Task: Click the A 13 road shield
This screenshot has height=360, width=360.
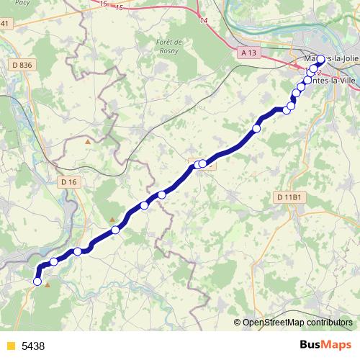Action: pyautogui.click(x=248, y=53)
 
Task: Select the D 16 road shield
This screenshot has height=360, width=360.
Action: pyautogui.click(x=69, y=182)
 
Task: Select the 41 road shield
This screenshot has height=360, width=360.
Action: pyautogui.click(x=6, y=24)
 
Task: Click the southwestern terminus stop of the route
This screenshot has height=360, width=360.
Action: pyautogui.click(x=37, y=282)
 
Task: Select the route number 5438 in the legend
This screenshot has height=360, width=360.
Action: pyautogui.click(x=33, y=346)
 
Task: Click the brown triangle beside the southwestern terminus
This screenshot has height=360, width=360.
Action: pyautogui.click(x=48, y=285)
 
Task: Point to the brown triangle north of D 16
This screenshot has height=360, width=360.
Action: pyautogui.click(x=88, y=142)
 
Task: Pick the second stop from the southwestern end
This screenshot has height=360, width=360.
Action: pyautogui.click(x=54, y=261)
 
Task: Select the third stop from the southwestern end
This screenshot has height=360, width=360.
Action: pyautogui.click(x=77, y=251)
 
